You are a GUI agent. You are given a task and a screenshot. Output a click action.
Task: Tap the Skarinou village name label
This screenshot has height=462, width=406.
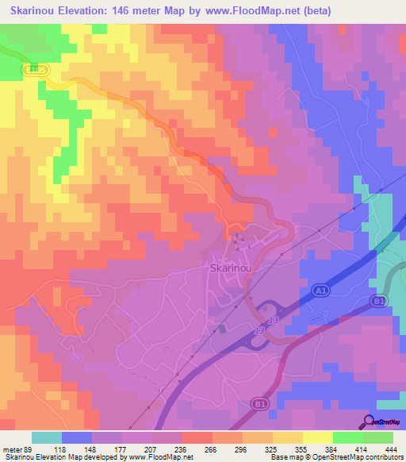[232, 268]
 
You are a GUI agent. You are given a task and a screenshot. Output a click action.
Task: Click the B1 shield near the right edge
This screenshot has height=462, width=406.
[378, 301]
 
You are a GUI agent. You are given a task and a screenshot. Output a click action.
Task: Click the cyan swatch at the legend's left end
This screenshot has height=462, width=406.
[47, 437]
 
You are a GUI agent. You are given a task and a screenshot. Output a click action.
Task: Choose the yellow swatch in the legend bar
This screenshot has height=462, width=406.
[317, 437]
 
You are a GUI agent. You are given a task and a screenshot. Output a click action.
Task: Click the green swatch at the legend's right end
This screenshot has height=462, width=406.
[377, 437]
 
